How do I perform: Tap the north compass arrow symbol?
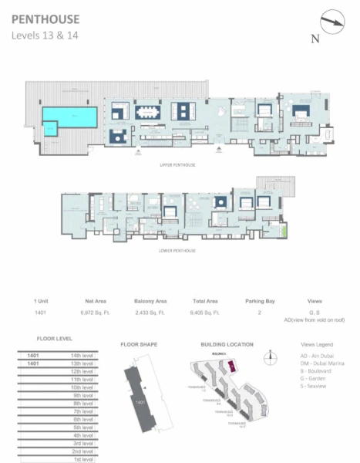pyautogui.click(x=333, y=22)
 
